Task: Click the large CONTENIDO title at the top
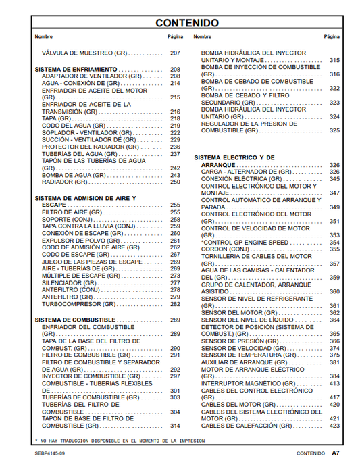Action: (x=187, y=23)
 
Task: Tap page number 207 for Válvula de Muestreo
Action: (x=175, y=53)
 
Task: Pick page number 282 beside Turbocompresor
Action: (x=175, y=304)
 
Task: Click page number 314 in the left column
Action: (x=175, y=426)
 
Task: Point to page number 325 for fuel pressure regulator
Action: (x=334, y=130)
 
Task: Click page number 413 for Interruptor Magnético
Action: (x=334, y=383)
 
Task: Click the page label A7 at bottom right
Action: (x=334, y=452)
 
